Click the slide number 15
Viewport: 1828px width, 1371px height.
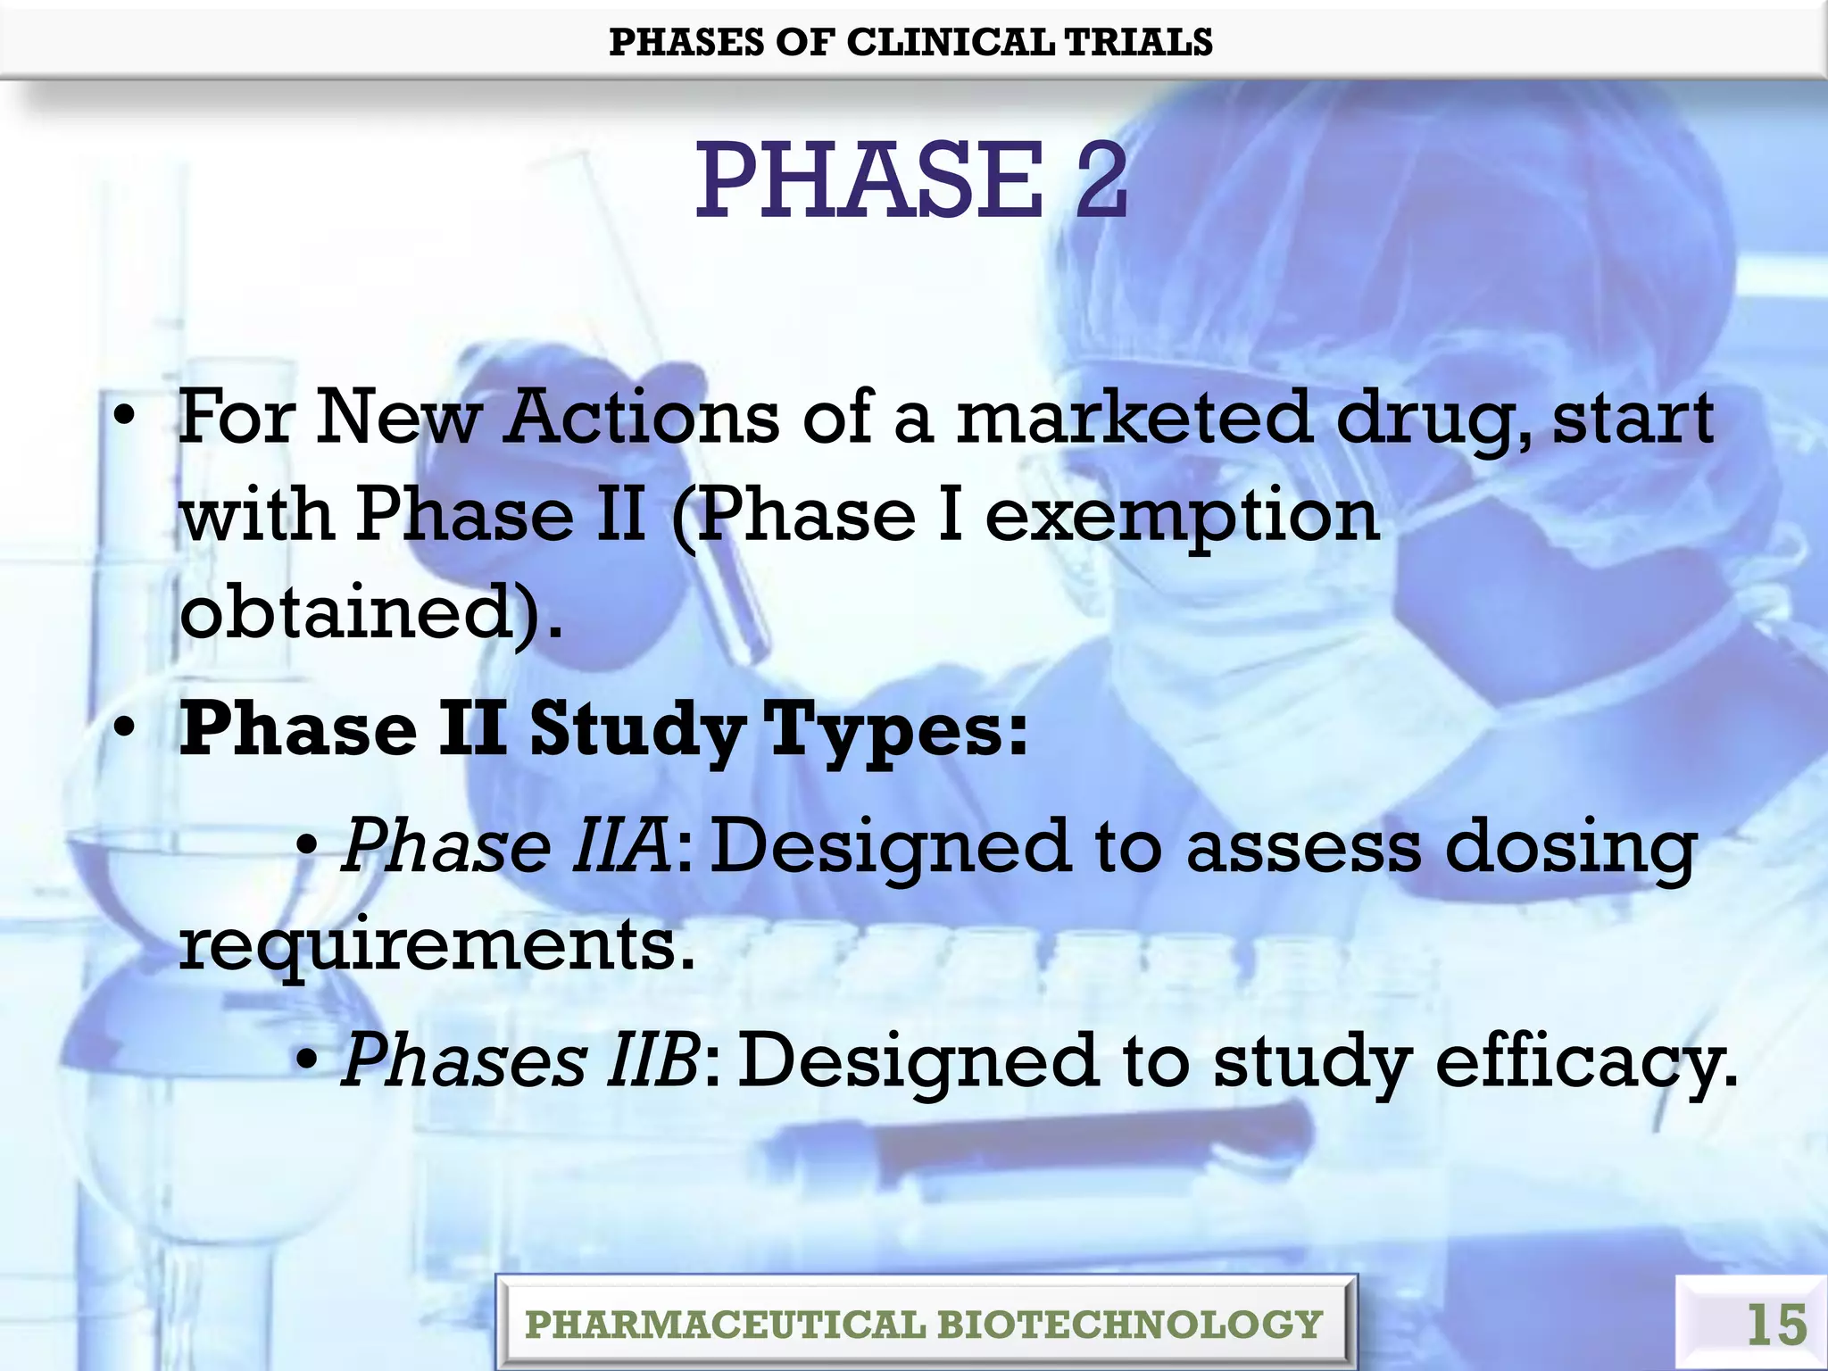point(1776,1325)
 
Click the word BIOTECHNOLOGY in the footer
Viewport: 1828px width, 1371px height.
point(1129,1325)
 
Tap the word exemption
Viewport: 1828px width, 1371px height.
point(1183,518)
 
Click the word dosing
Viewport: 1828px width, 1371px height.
point(1571,848)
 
